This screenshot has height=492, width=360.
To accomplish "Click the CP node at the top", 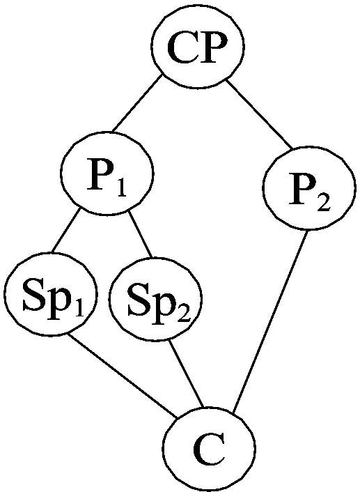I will (198, 48).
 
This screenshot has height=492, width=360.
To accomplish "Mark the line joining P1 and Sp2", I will (140, 238).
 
